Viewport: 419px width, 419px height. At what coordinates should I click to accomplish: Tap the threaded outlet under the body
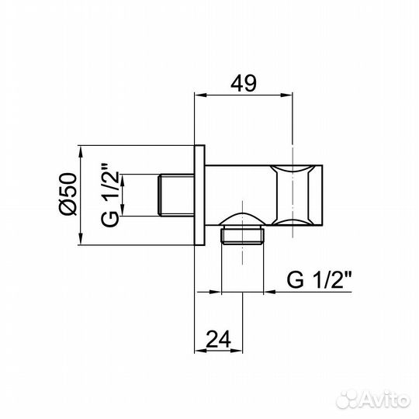pos(242,234)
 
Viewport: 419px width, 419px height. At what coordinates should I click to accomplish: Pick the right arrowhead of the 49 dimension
pos(290,95)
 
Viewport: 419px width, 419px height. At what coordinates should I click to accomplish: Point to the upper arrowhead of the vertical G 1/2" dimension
pos(127,178)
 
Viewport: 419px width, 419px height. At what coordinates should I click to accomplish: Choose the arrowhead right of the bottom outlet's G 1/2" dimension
pos(268,293)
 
